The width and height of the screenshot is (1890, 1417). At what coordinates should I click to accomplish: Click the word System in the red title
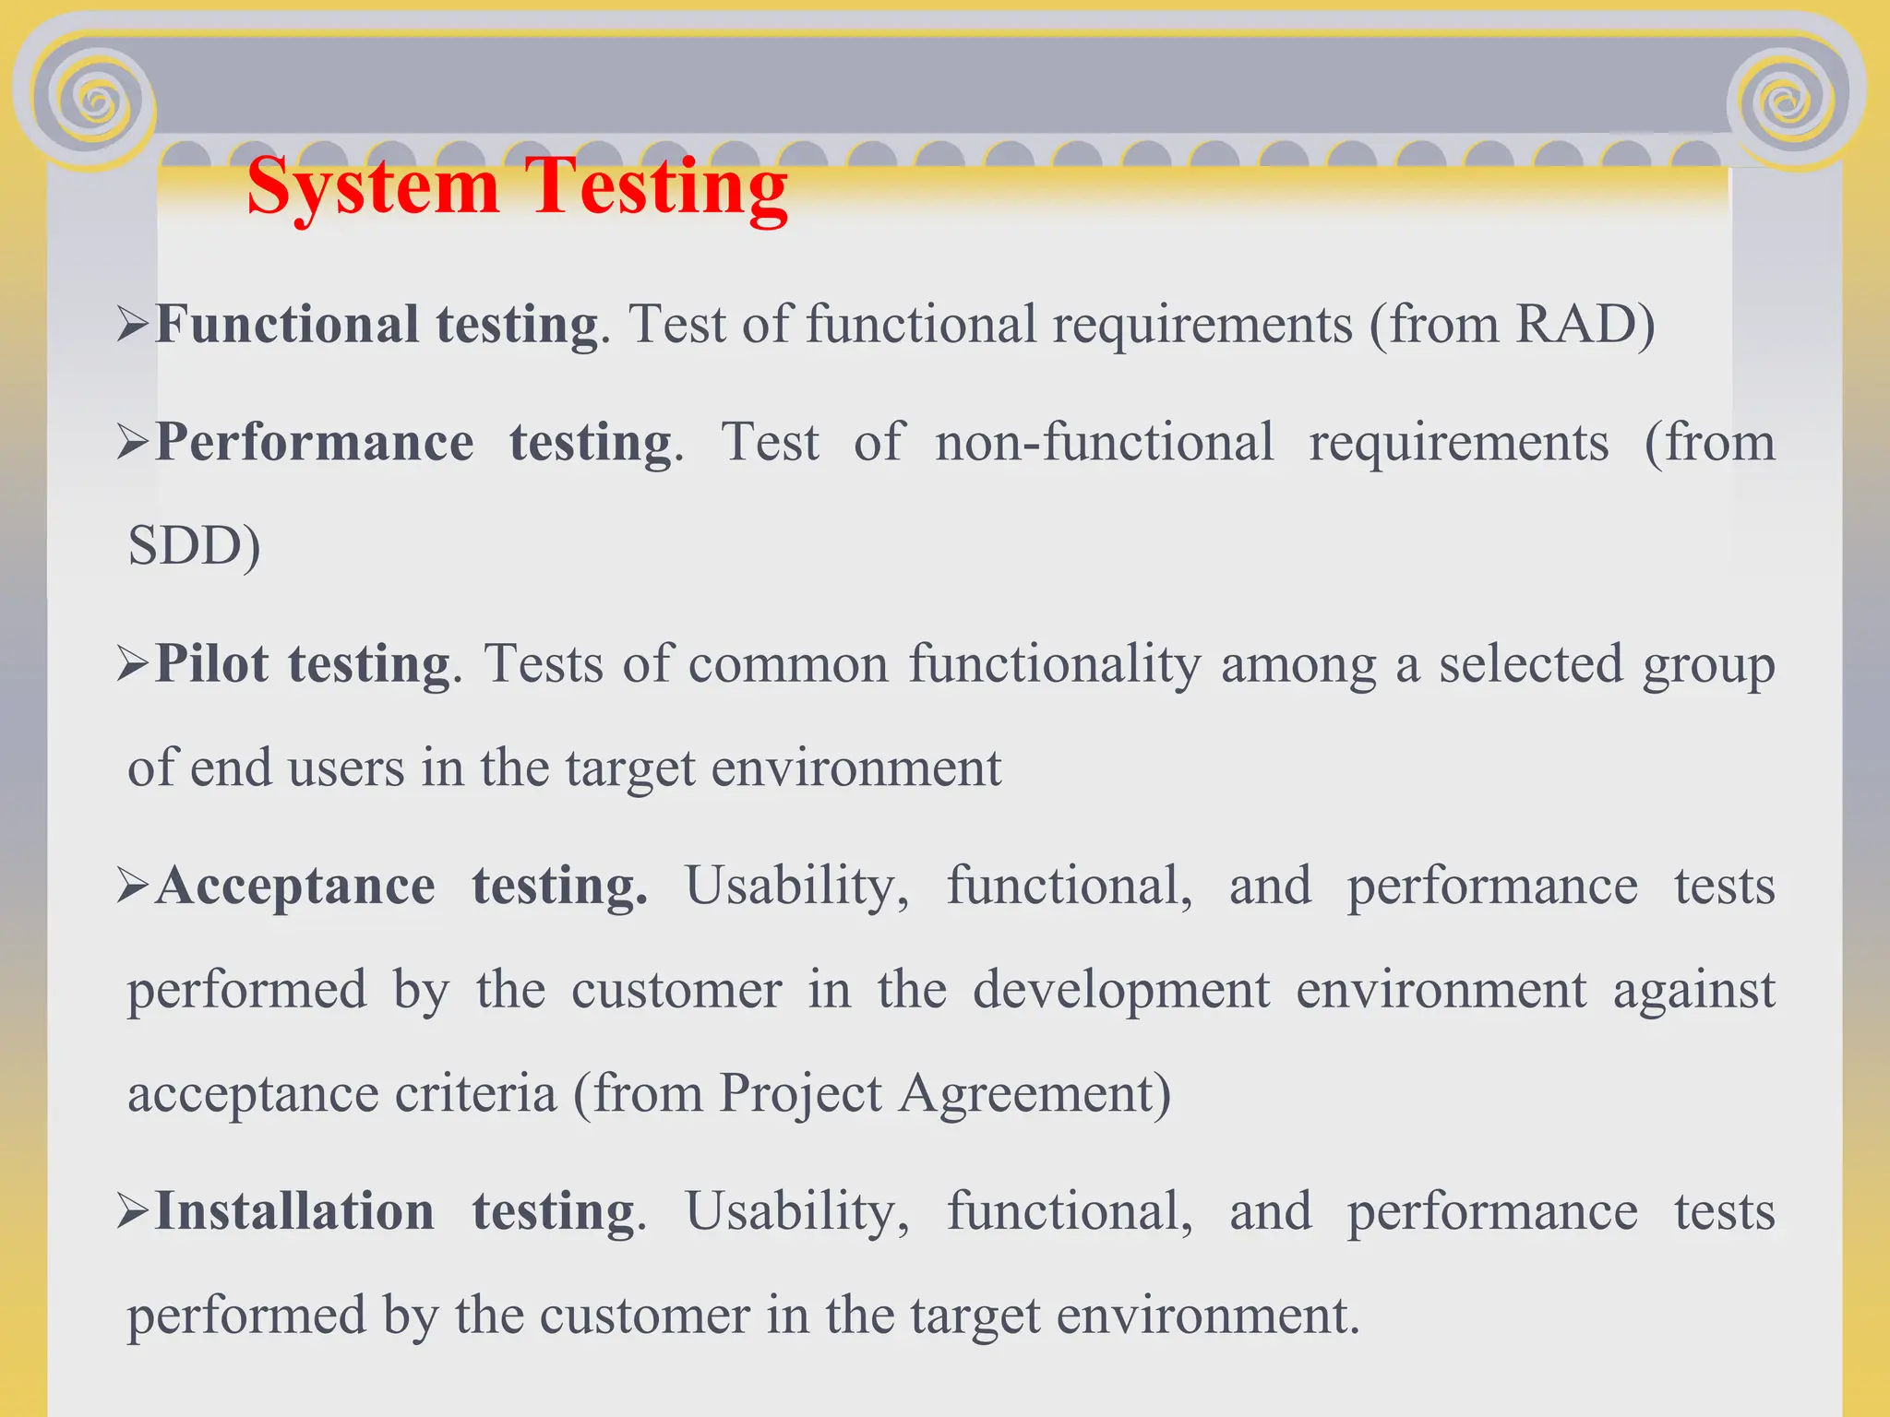tap(373, 187)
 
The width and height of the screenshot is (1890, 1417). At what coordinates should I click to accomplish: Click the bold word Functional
tap(287, 325)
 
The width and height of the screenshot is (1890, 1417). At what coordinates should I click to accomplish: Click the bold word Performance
tap(315, 443)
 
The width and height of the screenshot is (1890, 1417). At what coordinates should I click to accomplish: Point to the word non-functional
tap(1104, 443)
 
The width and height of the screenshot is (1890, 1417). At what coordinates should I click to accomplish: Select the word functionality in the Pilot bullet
tap(1055, 664)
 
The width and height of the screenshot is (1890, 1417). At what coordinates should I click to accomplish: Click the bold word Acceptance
tap(295, 887)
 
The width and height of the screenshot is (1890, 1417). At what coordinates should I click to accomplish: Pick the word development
tap(1121, 990)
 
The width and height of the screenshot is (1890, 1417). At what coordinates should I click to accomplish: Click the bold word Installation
tap(294, 1211)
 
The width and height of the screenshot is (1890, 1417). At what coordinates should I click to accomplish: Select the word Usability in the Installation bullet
tap(796, 1211)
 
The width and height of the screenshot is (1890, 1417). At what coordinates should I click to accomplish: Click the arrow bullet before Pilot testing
tap(133, 664)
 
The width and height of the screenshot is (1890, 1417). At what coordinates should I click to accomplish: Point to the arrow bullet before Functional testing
tap(133, 325)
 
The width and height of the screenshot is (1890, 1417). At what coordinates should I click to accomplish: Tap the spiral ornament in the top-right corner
tap(1788, 100)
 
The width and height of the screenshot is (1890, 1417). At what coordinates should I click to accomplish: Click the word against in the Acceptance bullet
tap(1693, 990)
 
